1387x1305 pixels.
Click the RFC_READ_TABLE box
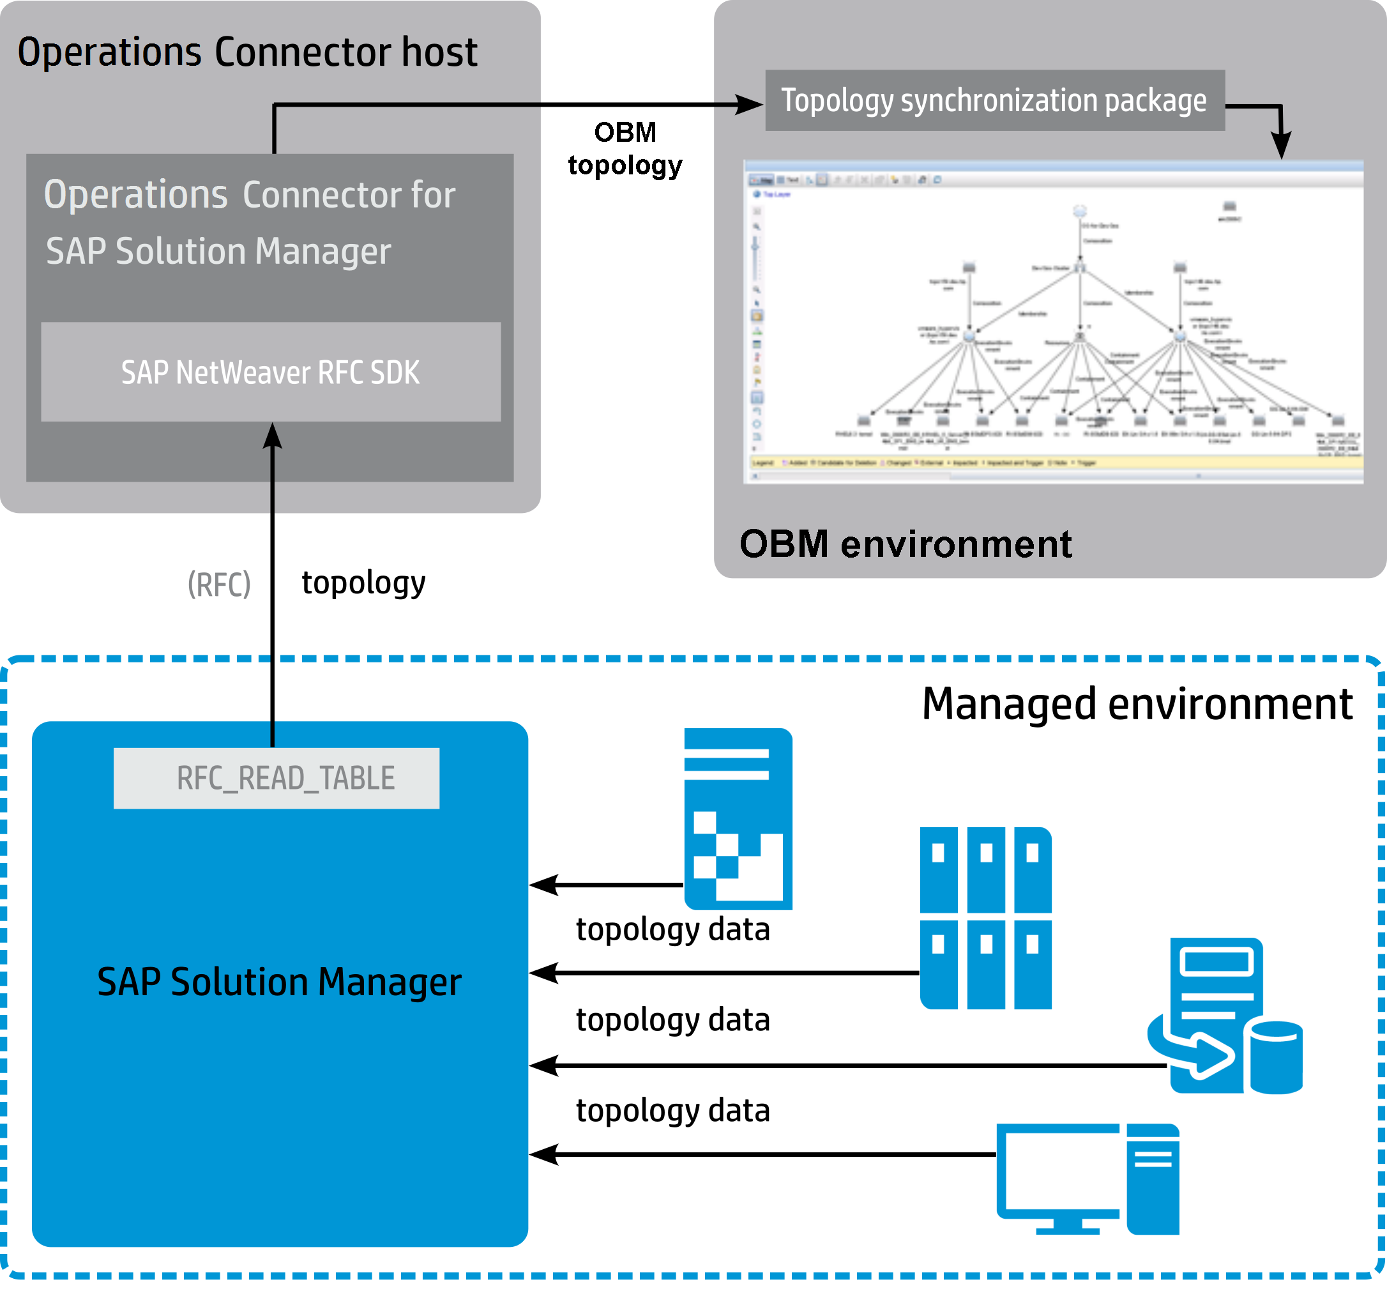[277, 778]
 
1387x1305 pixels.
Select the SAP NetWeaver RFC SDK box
[271, 372]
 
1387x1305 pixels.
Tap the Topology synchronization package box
[994, 100]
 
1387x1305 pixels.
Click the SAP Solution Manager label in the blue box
[279, 982]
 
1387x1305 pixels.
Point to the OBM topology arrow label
[625, 149]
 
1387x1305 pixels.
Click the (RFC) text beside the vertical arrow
[219, 584]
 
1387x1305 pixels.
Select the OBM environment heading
[905, 544]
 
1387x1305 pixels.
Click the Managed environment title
[1137, 703]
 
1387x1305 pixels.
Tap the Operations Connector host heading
[248, 52]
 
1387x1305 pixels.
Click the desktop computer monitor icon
[1057, 1176]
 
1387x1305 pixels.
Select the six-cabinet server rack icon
[985, 918]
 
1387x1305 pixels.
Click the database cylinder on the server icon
[1276, 1057]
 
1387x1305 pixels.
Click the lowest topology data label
[672, 1110]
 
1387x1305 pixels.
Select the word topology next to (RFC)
[363, 583]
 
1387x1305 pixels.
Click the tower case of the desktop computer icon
[1153, 1178]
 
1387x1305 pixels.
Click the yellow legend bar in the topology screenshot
[1054, 462]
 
